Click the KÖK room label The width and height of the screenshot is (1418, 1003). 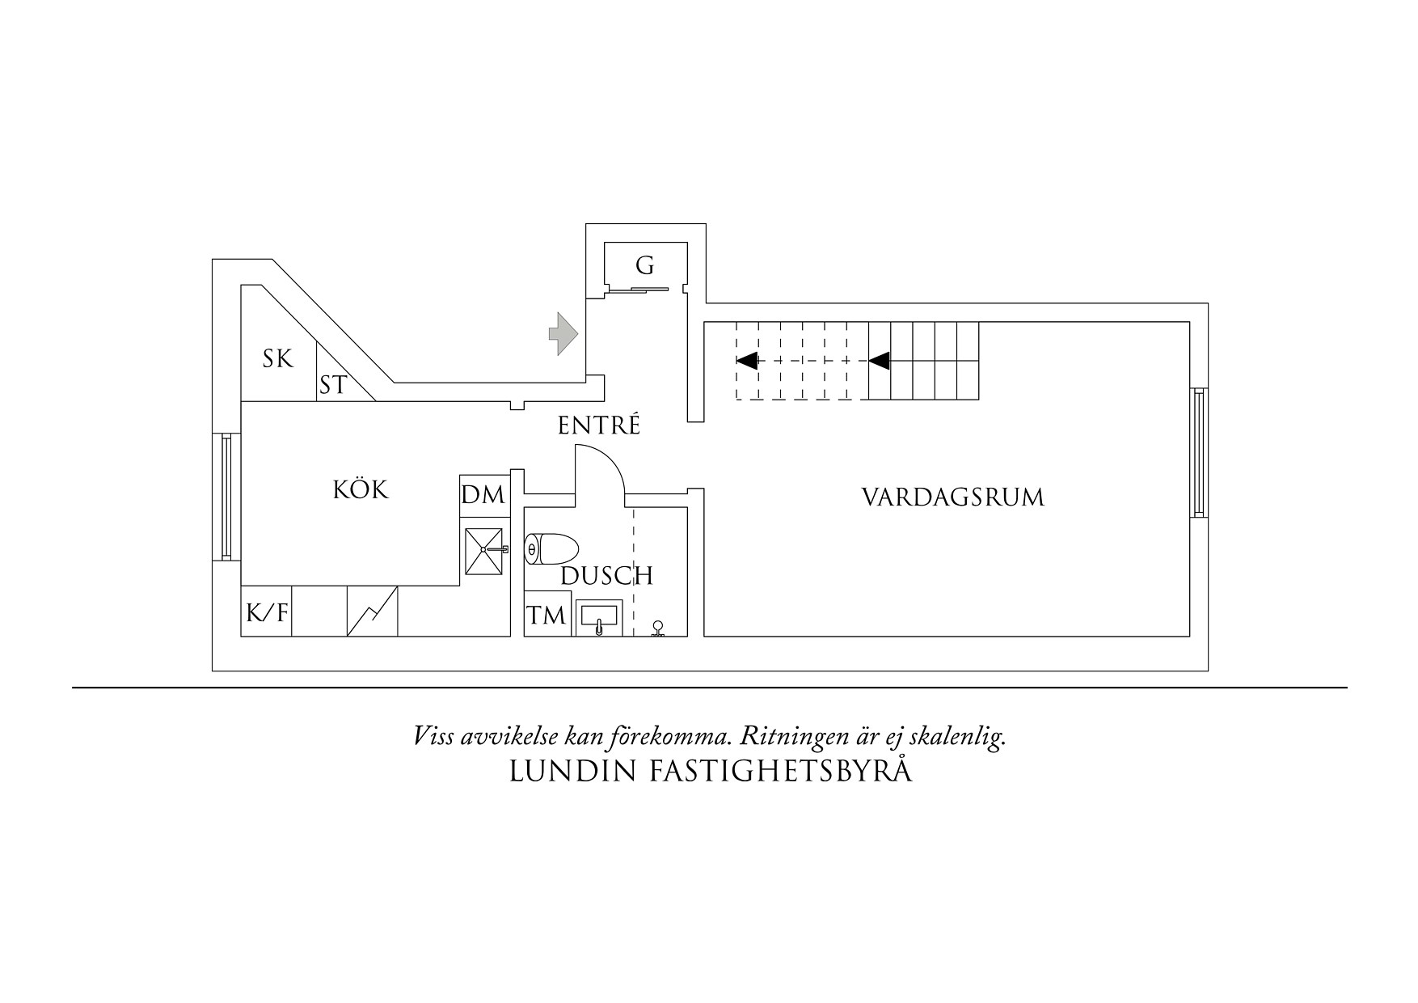(361, 490)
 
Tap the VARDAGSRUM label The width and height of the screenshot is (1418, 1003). (952, 497)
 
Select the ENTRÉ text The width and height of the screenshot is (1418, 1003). (598, 426)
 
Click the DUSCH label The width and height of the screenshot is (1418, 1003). (606, 576)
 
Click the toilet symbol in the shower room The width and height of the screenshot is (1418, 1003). (551, 550)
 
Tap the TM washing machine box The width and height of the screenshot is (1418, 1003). (547, 616)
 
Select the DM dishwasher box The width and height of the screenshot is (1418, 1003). (483, 495)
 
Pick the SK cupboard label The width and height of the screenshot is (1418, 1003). (277, 358)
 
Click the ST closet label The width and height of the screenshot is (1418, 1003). (332, 386)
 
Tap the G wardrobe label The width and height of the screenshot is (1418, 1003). (644, 265)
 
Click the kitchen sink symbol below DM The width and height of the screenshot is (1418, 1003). (483, 550)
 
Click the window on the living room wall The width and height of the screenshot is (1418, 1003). (1199, 452)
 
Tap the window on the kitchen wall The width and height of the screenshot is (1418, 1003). (226, 496)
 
